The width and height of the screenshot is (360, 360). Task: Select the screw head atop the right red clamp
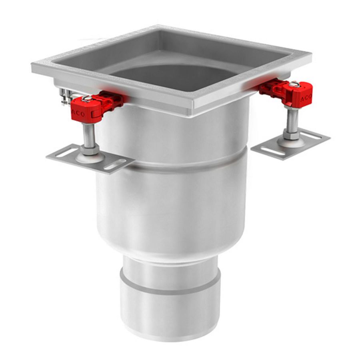[x=294, y=84]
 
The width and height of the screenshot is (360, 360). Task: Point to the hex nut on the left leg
[x=90, y=150]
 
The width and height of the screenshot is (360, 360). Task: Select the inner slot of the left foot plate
[x=115, y=165]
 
